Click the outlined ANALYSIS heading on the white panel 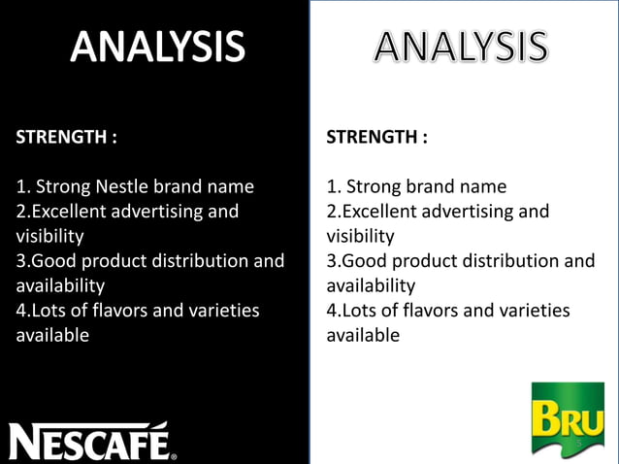(461, 47)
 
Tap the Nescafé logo (93, 442)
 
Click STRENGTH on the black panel (60, 137)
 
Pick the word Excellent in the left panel (71, 212)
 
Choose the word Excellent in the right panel (381, 212)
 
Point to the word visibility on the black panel (49, 236)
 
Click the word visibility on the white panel (360, 236)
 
